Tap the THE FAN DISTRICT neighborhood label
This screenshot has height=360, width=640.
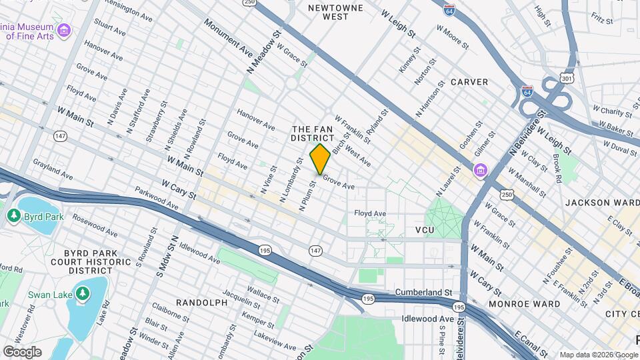[312, 133]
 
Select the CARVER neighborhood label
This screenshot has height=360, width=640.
[469, 82]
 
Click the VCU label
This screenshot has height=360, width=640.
[425, 230]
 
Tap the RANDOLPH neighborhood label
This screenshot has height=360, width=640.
[201, 303]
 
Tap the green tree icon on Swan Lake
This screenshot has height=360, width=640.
[82, 294]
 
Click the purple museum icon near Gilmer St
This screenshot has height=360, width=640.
[480, 172]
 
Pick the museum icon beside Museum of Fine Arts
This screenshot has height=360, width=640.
[64, 31]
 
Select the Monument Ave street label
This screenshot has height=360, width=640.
[229, 38]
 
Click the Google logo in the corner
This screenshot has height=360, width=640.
[22, 351]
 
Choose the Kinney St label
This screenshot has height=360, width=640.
[409, 60]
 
